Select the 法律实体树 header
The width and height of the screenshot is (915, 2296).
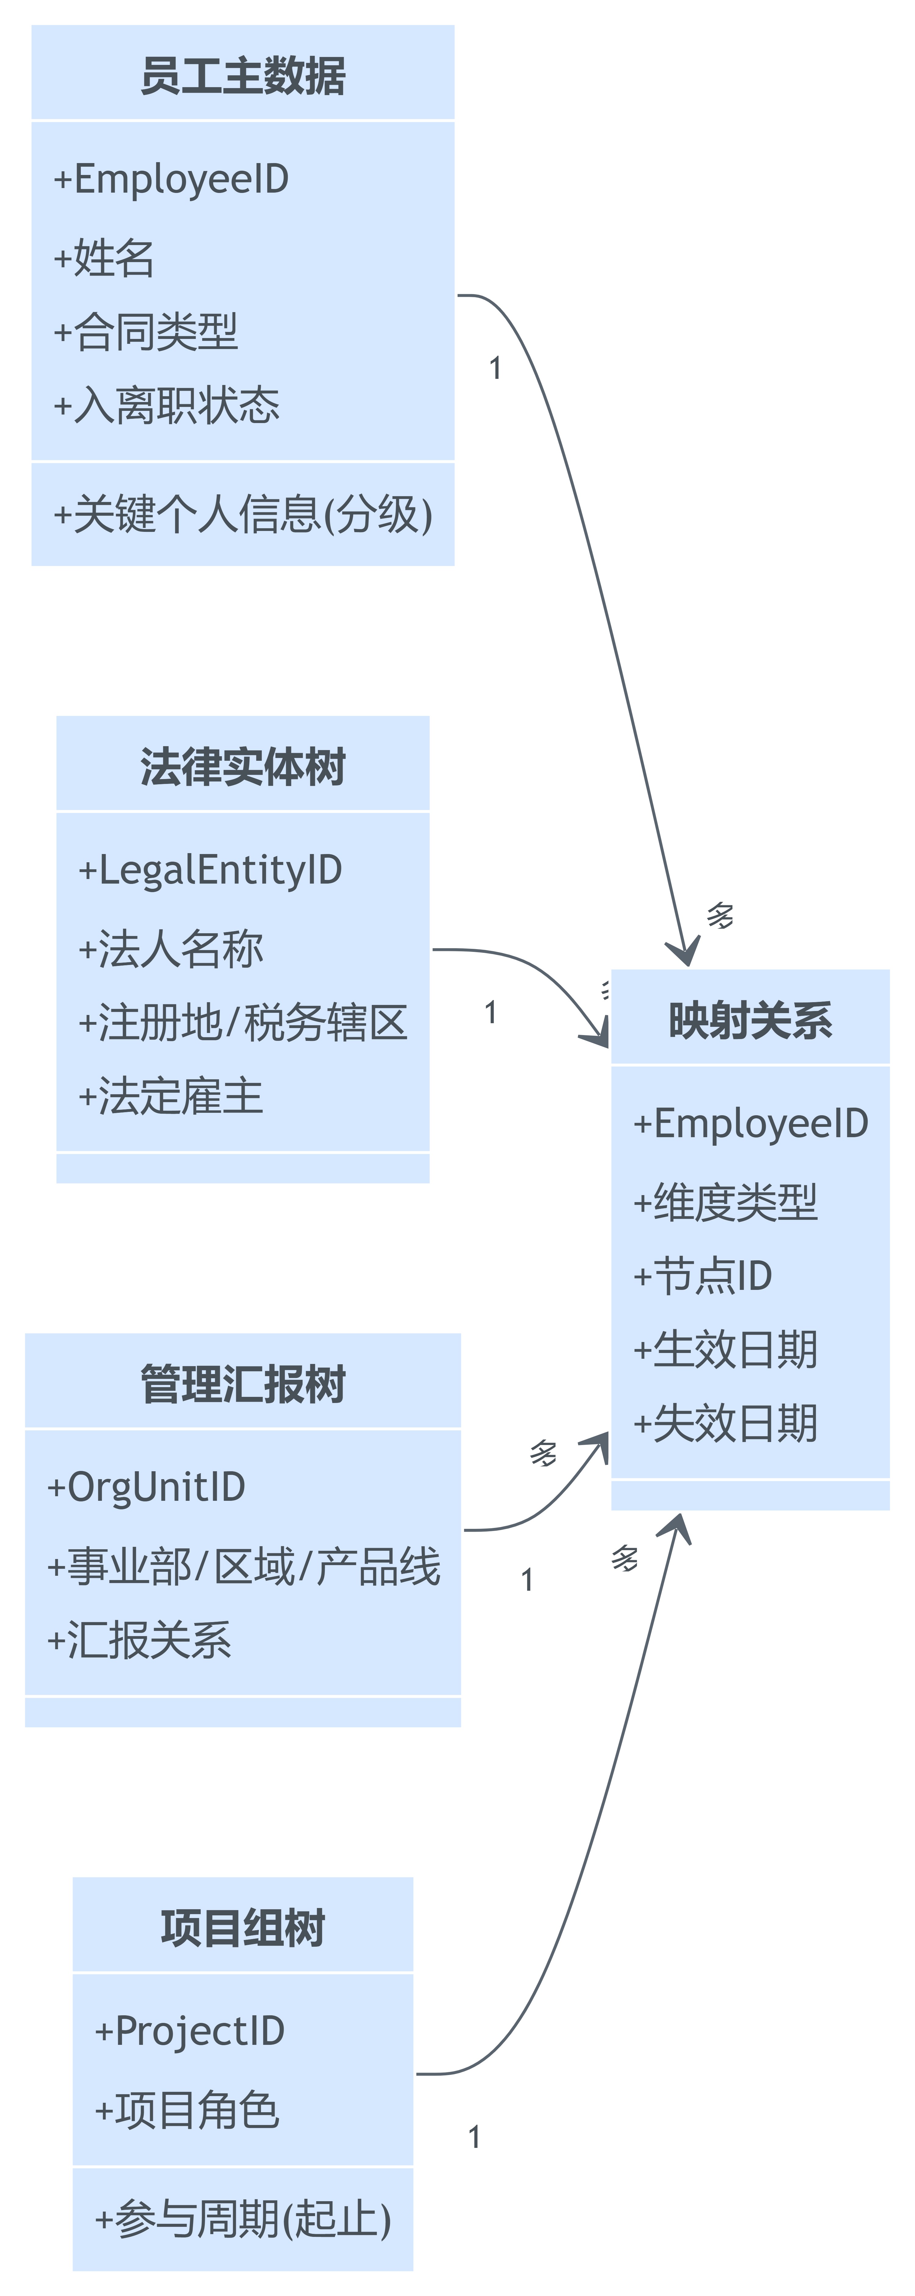(242, 767)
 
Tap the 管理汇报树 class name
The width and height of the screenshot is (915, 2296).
(242, 1384)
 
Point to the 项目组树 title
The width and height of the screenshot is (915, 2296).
(242, 1928)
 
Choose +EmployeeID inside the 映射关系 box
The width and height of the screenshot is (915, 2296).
(750, 1123)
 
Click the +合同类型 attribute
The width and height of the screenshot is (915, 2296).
(145, 332)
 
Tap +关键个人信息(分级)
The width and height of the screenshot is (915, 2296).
(242, 514)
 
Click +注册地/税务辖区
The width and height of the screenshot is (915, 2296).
(242, 1022)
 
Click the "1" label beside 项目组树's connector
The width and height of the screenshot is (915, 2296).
(475, 2137)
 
